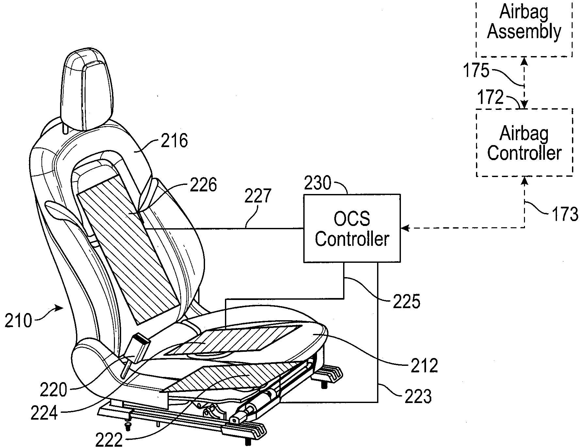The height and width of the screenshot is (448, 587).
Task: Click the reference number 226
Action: pos(203,185)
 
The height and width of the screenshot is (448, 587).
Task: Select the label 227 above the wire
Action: pos(258,196)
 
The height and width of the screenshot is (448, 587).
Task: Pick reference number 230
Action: pos(318,183)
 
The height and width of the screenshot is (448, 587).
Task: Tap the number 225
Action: pos(406,302)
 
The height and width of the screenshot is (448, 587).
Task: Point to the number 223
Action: pos(418,397)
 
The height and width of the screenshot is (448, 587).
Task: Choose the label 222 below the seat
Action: pos(109,441)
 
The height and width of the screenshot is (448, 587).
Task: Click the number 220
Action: pos(54,390)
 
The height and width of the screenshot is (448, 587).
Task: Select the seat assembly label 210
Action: pos(18,321)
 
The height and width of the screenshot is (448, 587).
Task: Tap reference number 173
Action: pos(564,214)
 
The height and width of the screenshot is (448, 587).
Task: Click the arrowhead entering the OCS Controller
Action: pos(405,228)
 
